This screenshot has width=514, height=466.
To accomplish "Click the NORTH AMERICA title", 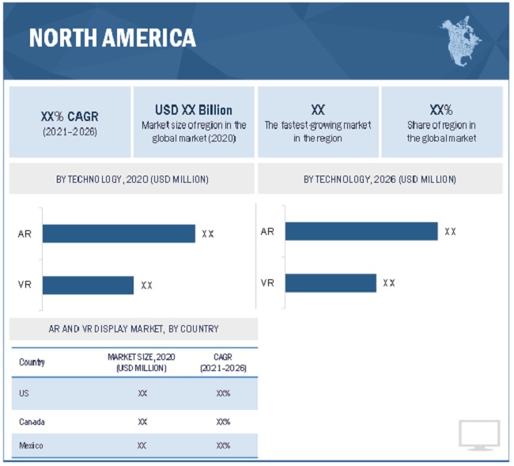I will pyautogui.click(x=112, y=37).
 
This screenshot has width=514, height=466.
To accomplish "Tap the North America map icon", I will pyautogui.click(x=461, y=41).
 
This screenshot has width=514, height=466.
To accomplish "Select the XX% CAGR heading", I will pyautogui.click(x=70, y=116).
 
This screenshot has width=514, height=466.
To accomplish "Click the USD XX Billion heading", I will pyautogui.click(x=194, y=110).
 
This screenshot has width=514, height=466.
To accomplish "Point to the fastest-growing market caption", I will pyautogui.click(x=318, y=131).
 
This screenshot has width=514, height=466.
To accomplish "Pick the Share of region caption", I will pyautogui.click(x=441, y=131).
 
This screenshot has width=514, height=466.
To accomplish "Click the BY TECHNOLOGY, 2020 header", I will pyautogui.click(x=132, y=180).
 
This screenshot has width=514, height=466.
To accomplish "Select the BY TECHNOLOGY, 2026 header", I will pyautogui.click(x=380, y=180).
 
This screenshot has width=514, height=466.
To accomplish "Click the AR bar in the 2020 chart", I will pyautogui.click(x=119, y=233).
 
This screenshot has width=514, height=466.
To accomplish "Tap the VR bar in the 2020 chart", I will pyautogui.click(x=88, y=285).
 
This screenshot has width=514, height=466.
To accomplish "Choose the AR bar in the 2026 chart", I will pyautogui.click(x=361, y=231).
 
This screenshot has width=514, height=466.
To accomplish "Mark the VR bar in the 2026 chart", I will pyautogui.click(x=331, y=282).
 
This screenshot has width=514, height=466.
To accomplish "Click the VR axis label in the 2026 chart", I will pyautogui.click(x=267, y=282).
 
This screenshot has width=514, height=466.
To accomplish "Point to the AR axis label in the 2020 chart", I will pyautogui.click(x=25, y=233).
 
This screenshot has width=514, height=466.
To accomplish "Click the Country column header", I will pyautogui.click(x=32, y=362).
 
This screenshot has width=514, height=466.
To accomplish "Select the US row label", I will pyautogui.click(x=25, y=393).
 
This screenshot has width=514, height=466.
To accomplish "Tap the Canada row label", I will pyautogui.click(x=32, y=422).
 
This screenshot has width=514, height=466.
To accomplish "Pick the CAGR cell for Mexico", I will pyautogui.click(x=223, y=445).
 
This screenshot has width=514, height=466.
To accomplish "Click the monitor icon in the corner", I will pyautogui.click(x=479, y=435).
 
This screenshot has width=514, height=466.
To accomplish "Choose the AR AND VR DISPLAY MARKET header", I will pyautogui.click(x=133, y=328).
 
